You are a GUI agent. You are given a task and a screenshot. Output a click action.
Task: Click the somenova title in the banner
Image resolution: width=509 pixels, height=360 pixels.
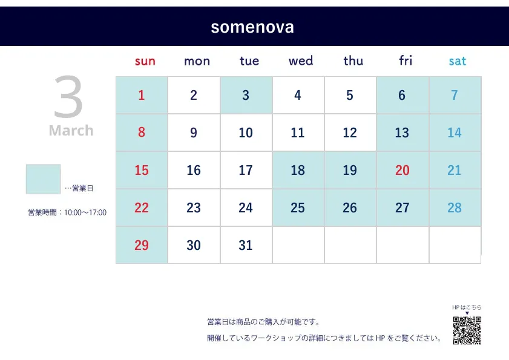[x=252, y=27]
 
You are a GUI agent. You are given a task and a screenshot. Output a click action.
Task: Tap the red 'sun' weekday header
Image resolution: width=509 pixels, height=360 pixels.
[x=145, y=61]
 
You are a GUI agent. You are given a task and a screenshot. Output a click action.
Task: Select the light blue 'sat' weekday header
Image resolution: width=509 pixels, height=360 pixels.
[x=458, y=61]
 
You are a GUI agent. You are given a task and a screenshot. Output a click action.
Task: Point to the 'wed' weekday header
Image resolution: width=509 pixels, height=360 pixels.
[x=301, y=61]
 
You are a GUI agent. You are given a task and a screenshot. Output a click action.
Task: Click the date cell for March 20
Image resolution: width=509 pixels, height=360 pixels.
[x=402, y=170]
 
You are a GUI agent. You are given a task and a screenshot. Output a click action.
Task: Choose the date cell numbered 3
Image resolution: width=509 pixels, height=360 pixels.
[x=246, y=95]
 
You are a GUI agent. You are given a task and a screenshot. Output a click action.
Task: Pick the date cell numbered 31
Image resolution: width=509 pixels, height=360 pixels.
[x=246, y=245]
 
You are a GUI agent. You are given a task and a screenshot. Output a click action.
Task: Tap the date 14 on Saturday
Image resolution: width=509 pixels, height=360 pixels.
[x=455, y=133]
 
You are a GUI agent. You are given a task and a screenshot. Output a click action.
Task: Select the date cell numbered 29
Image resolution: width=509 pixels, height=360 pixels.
[x=142, y=245]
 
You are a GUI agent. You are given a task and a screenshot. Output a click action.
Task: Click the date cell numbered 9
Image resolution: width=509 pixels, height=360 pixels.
[x=194, y=133]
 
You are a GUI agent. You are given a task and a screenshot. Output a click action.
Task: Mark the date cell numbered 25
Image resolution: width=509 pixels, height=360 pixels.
[x=298, y=208]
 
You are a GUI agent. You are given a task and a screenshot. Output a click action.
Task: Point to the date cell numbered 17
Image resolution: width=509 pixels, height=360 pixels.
[x=246, y=170]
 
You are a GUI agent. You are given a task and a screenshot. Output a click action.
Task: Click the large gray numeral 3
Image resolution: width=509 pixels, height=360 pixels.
[x=68, y=97]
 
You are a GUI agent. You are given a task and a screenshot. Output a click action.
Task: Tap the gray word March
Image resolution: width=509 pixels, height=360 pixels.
[x=71, y=131]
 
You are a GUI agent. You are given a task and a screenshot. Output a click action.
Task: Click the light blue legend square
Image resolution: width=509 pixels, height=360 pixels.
[x=43, y=179]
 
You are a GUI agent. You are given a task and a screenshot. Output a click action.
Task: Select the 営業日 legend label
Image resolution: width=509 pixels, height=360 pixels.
[x=82, y=188]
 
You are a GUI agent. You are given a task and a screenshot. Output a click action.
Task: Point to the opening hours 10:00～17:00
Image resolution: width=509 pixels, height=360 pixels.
[x=85, y=212]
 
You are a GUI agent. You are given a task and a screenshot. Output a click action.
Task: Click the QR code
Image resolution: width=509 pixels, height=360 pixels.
[x=467, y=330]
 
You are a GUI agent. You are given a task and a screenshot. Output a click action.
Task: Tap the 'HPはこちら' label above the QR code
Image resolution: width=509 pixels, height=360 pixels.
[x=467, y=307]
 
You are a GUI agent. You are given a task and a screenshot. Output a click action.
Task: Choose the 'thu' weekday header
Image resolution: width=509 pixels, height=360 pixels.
[x=353, y=61]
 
